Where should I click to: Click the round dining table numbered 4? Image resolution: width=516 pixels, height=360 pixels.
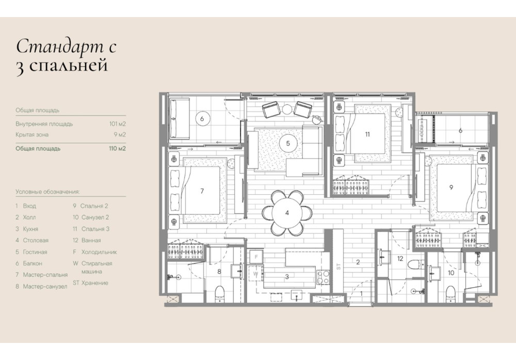(x=287, y=213)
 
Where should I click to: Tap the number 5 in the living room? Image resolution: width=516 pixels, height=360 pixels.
(x=288, y=143)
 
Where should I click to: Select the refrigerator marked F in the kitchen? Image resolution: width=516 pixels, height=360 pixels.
(x=256, y=257)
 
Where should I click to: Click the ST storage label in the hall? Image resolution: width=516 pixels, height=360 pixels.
(x=338, y=267)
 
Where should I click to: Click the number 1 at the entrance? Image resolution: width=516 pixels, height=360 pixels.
(x=361, y=293)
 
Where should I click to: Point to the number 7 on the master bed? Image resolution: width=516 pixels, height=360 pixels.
(x=202, y=191)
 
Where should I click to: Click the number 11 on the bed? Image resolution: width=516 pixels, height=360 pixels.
(x=367, y=134)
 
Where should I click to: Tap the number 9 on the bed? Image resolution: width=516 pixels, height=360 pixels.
(x=451, y=187)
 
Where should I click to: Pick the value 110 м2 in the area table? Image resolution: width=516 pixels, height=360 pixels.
(x=118, y=149)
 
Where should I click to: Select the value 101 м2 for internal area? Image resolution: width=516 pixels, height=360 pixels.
(x=118, y=124)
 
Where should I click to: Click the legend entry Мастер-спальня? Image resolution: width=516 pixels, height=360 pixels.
(x=45, y=275)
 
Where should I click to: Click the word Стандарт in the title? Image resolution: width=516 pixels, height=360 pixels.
(x=59, y=47)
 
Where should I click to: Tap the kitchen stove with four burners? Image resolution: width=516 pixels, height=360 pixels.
(x=323, y=277)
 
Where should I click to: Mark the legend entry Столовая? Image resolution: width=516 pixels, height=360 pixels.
(x=36, y=241)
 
